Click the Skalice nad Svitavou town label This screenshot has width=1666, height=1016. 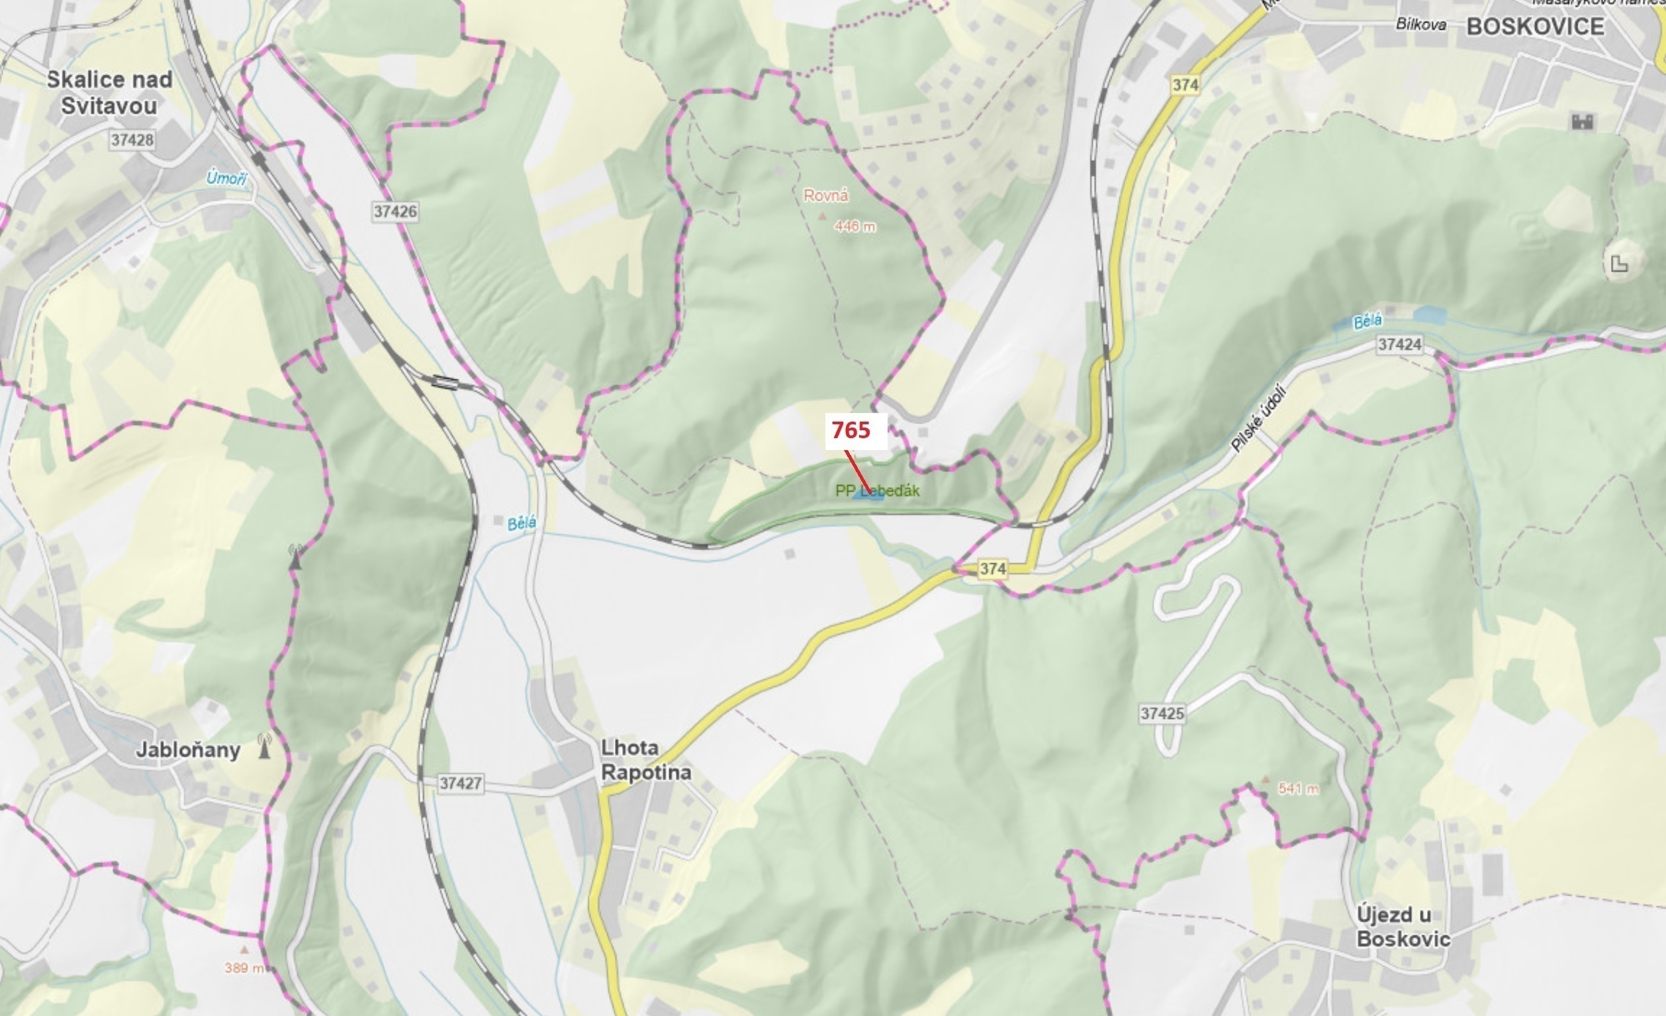109,93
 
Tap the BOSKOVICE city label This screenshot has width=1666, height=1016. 1535,26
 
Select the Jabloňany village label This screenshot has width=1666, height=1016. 188,750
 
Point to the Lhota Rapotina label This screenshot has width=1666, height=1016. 646,760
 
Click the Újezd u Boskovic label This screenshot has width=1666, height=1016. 1403,927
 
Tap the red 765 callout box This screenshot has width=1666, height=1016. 855,431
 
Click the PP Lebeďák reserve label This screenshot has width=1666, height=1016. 878,490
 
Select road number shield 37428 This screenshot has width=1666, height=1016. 132,140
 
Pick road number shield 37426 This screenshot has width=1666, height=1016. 396,212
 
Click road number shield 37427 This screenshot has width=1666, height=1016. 461,784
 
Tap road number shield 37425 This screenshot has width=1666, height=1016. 1162,713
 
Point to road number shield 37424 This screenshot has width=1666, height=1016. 1400,345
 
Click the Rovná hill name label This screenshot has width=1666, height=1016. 825,195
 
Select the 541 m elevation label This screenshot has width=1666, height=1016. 1298,788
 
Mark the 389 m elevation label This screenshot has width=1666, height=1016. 244,968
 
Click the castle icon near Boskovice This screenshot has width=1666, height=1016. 1583,122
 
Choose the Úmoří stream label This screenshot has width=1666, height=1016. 226,179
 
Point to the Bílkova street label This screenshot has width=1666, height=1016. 1420,24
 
